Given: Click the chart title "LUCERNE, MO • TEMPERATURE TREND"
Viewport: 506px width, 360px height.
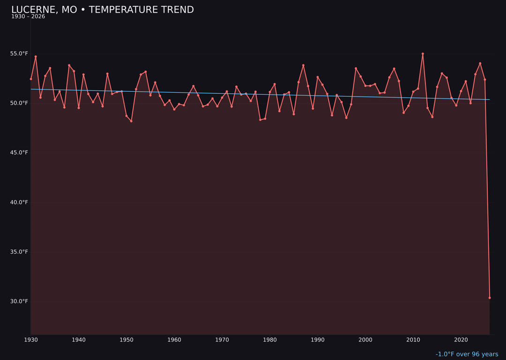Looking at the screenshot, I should click(102, 10).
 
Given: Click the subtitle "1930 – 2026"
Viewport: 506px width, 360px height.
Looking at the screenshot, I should click(28, 17).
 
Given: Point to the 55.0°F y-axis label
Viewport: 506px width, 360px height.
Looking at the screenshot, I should click(20, 53).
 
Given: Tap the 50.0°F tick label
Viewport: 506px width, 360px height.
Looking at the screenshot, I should click(20, 103).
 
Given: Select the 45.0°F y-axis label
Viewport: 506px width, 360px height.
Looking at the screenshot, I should click(20, 153).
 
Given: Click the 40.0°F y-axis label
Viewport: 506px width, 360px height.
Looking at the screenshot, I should click(20, 202).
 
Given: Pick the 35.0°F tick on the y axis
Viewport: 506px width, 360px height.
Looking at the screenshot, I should click(20, 252).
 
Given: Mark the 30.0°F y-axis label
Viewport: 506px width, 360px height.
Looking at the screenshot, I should click(20, 301).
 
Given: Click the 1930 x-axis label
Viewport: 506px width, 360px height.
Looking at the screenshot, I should click(31, 340).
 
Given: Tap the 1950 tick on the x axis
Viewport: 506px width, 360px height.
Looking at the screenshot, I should click(126, 340).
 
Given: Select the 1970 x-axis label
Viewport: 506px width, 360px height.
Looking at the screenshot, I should click(222, 340).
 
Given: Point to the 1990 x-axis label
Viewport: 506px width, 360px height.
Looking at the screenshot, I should click(318, 340).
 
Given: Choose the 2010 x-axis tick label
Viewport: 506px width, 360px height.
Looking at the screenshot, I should click(413, 340).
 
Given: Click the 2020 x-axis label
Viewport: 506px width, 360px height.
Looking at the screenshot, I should click(461, 340).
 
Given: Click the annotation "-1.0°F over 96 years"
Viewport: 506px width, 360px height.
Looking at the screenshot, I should click(467, 354).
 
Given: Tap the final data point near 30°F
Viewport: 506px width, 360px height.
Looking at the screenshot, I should click(490, 298).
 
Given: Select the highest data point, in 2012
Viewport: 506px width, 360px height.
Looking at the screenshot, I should click(423, 54).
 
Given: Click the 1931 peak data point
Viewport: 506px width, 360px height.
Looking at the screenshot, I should click(36, 57).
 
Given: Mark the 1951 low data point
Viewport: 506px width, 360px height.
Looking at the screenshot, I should click(131, 121).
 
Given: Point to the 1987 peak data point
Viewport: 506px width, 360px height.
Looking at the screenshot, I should click(303, 65).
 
